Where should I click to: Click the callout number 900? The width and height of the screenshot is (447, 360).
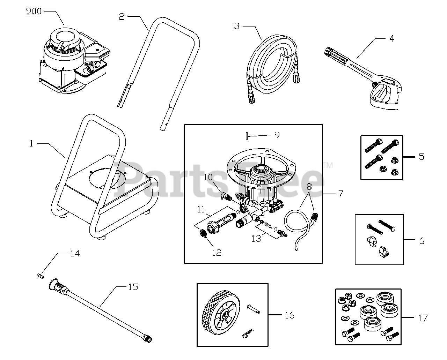(x=34, y=12)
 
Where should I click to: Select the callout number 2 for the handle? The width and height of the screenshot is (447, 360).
(x=122, y=17)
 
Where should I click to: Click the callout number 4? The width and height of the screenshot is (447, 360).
(x=391, y=38)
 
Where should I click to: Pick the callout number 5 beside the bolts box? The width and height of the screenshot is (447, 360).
(x=422, y=157)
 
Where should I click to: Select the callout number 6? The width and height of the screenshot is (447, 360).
(x=422, y=241)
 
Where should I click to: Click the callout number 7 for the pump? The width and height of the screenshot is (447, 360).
(x=340, y=193)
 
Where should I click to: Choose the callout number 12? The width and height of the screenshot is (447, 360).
(x=217, y=253)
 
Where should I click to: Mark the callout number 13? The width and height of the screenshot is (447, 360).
(x=256, y=238)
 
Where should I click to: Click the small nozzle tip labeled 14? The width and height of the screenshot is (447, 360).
(x=39, y=276)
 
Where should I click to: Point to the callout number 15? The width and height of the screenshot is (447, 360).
(x=133, y=287)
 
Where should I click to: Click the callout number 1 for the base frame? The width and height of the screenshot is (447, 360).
(x=31, y=143)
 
